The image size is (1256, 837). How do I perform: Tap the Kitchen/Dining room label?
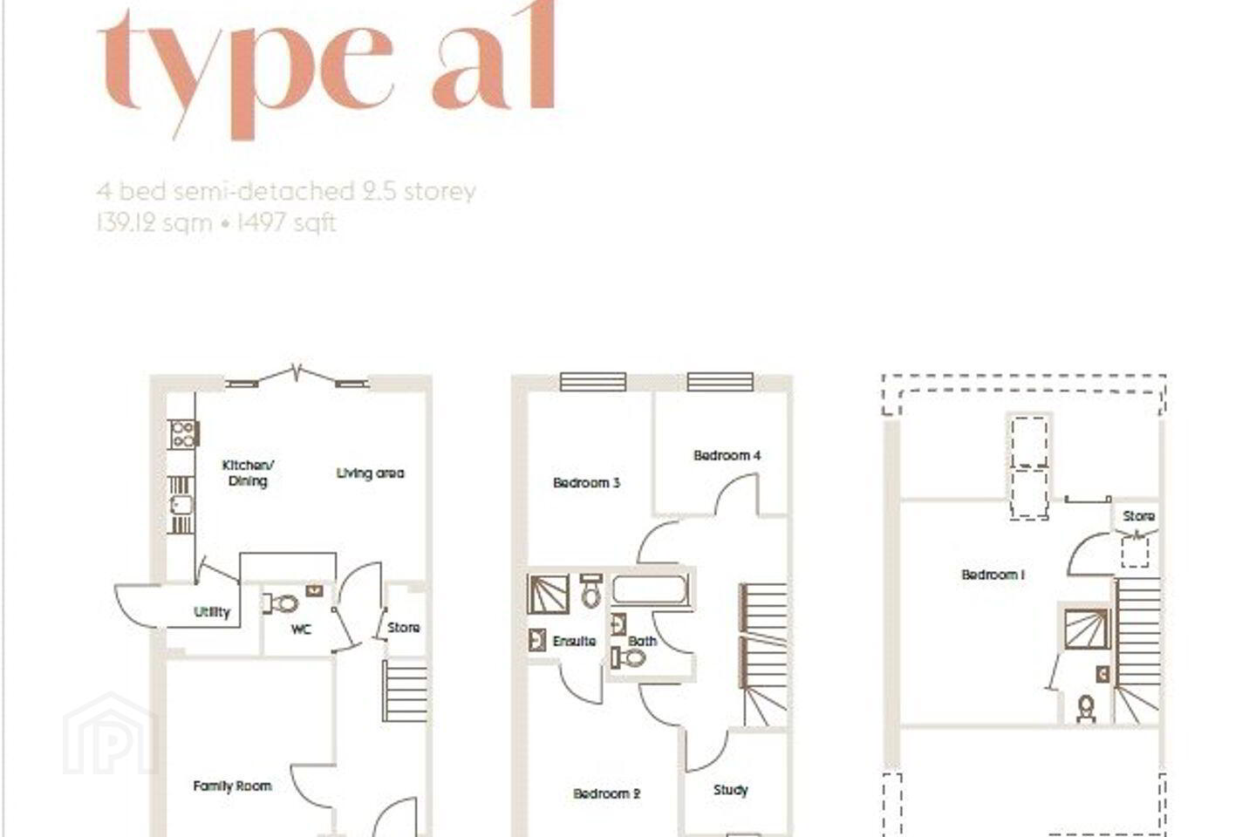(248, 473)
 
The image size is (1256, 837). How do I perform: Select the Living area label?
(370, 473)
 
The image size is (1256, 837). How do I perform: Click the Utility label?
(212, 612)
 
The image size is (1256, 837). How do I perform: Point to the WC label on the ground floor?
(301, 629)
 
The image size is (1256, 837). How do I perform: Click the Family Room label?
(232, 786)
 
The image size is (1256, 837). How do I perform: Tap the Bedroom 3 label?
(586, 483)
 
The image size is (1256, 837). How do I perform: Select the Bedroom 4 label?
(727, 455)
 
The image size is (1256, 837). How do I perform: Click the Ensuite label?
(574, 641)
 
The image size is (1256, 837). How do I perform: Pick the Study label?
(731, 790)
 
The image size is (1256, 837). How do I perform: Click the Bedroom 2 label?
(607, 793)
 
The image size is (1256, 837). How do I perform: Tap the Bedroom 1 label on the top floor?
(993, 575)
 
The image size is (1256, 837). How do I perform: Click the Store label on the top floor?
(1139, 516)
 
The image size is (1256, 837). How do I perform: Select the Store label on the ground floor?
(404, 628)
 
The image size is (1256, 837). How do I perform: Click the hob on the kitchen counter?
(183, 434)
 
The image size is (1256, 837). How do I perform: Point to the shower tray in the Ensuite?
(549, 594)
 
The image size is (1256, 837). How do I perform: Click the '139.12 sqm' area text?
(154, 223)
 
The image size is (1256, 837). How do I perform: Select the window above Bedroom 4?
(720, 382)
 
